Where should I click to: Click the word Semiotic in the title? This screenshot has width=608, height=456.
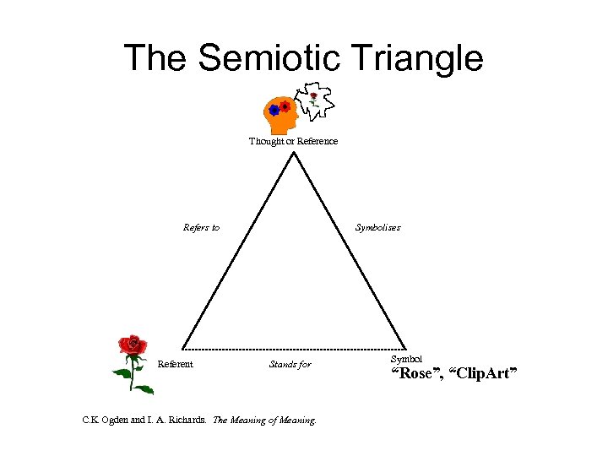point(283,58)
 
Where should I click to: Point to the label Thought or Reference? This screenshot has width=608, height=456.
point(293,141)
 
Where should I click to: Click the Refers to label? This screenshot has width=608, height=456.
point(201,227)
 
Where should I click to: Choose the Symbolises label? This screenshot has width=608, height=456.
point(377,227)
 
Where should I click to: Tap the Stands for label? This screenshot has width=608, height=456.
point(290,365)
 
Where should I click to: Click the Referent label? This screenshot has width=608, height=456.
point(176,365)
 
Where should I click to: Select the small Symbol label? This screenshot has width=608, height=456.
point(406,360)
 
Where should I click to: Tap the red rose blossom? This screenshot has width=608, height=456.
point(132,345)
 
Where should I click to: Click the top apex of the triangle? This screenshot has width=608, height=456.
point(293,153)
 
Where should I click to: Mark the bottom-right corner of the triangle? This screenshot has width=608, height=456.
point(404,348)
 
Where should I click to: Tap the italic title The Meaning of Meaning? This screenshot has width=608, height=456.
point(264,419)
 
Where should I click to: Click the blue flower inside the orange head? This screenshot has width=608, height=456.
point(274,110)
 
